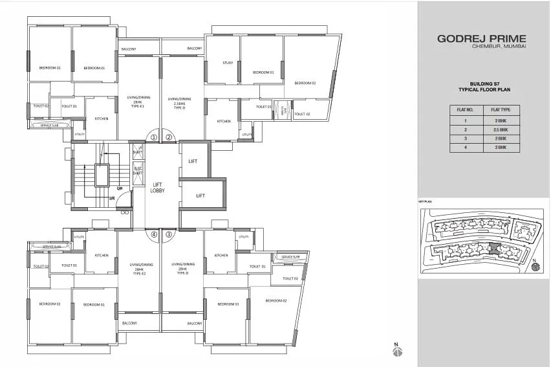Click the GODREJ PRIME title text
[482, 39]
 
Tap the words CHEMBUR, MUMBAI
[498, 49]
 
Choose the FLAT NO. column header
[466, 110]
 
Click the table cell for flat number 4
[466, 148]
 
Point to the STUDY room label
[227, 63]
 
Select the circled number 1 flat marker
[154, 137]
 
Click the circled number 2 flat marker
[169, 137]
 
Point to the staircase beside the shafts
[100, 176]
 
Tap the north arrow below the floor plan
[398, 350]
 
